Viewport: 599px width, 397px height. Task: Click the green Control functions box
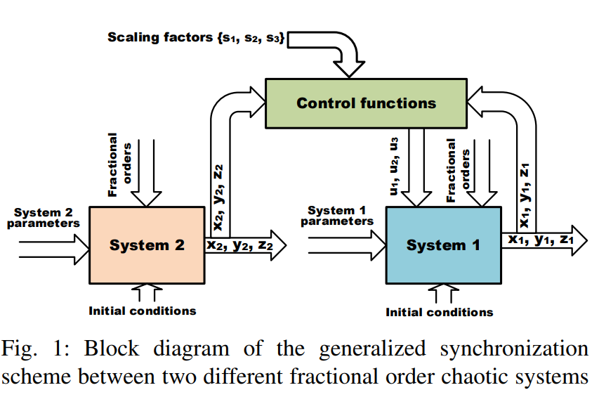pos(366,103)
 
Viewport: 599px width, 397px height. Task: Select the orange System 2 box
pos(147,245)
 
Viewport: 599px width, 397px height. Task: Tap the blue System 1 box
pos(443,245)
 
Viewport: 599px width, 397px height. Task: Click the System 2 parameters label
pos(46,218)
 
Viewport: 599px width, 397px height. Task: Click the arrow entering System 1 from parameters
pos(347,245)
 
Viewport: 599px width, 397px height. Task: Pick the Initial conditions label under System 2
pos(143,311)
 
